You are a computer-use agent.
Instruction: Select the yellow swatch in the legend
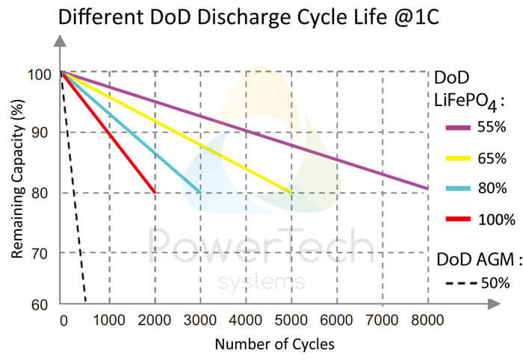tap(458, 158)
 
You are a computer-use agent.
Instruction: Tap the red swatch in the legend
tap(458, 220)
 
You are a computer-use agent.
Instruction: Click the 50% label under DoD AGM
tap(495, 283)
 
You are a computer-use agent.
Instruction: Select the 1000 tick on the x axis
tap(110, 322)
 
